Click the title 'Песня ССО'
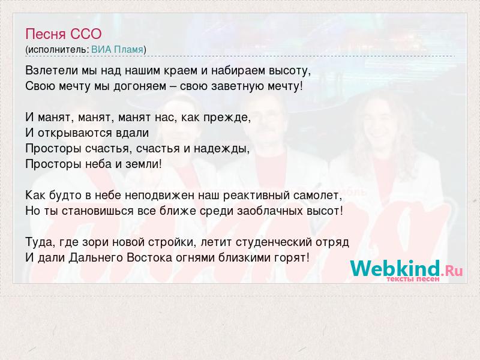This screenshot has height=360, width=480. (64, 34)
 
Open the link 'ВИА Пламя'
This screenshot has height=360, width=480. (117, 50)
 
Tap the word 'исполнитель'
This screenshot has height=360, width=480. (58, 50)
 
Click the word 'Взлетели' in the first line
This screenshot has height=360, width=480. (52, 71)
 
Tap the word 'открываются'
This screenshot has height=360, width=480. (74, 133)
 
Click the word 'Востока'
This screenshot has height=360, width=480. (149, 258)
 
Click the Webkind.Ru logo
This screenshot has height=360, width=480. (406, 268)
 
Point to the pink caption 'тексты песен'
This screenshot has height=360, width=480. (413, 279)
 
